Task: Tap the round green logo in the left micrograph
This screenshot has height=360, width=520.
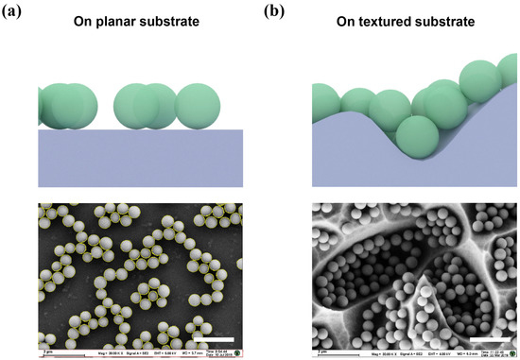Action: (246, 351)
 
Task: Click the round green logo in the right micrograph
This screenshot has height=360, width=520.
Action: (511, 351)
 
